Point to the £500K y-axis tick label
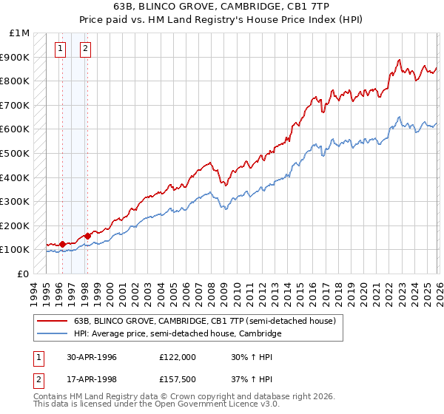[16, 154]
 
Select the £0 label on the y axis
[24, 274]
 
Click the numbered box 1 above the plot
[61, 50]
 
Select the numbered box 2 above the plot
[86, 50]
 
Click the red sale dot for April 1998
[88, 236]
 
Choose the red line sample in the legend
[52, 321]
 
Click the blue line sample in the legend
[52, 334]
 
